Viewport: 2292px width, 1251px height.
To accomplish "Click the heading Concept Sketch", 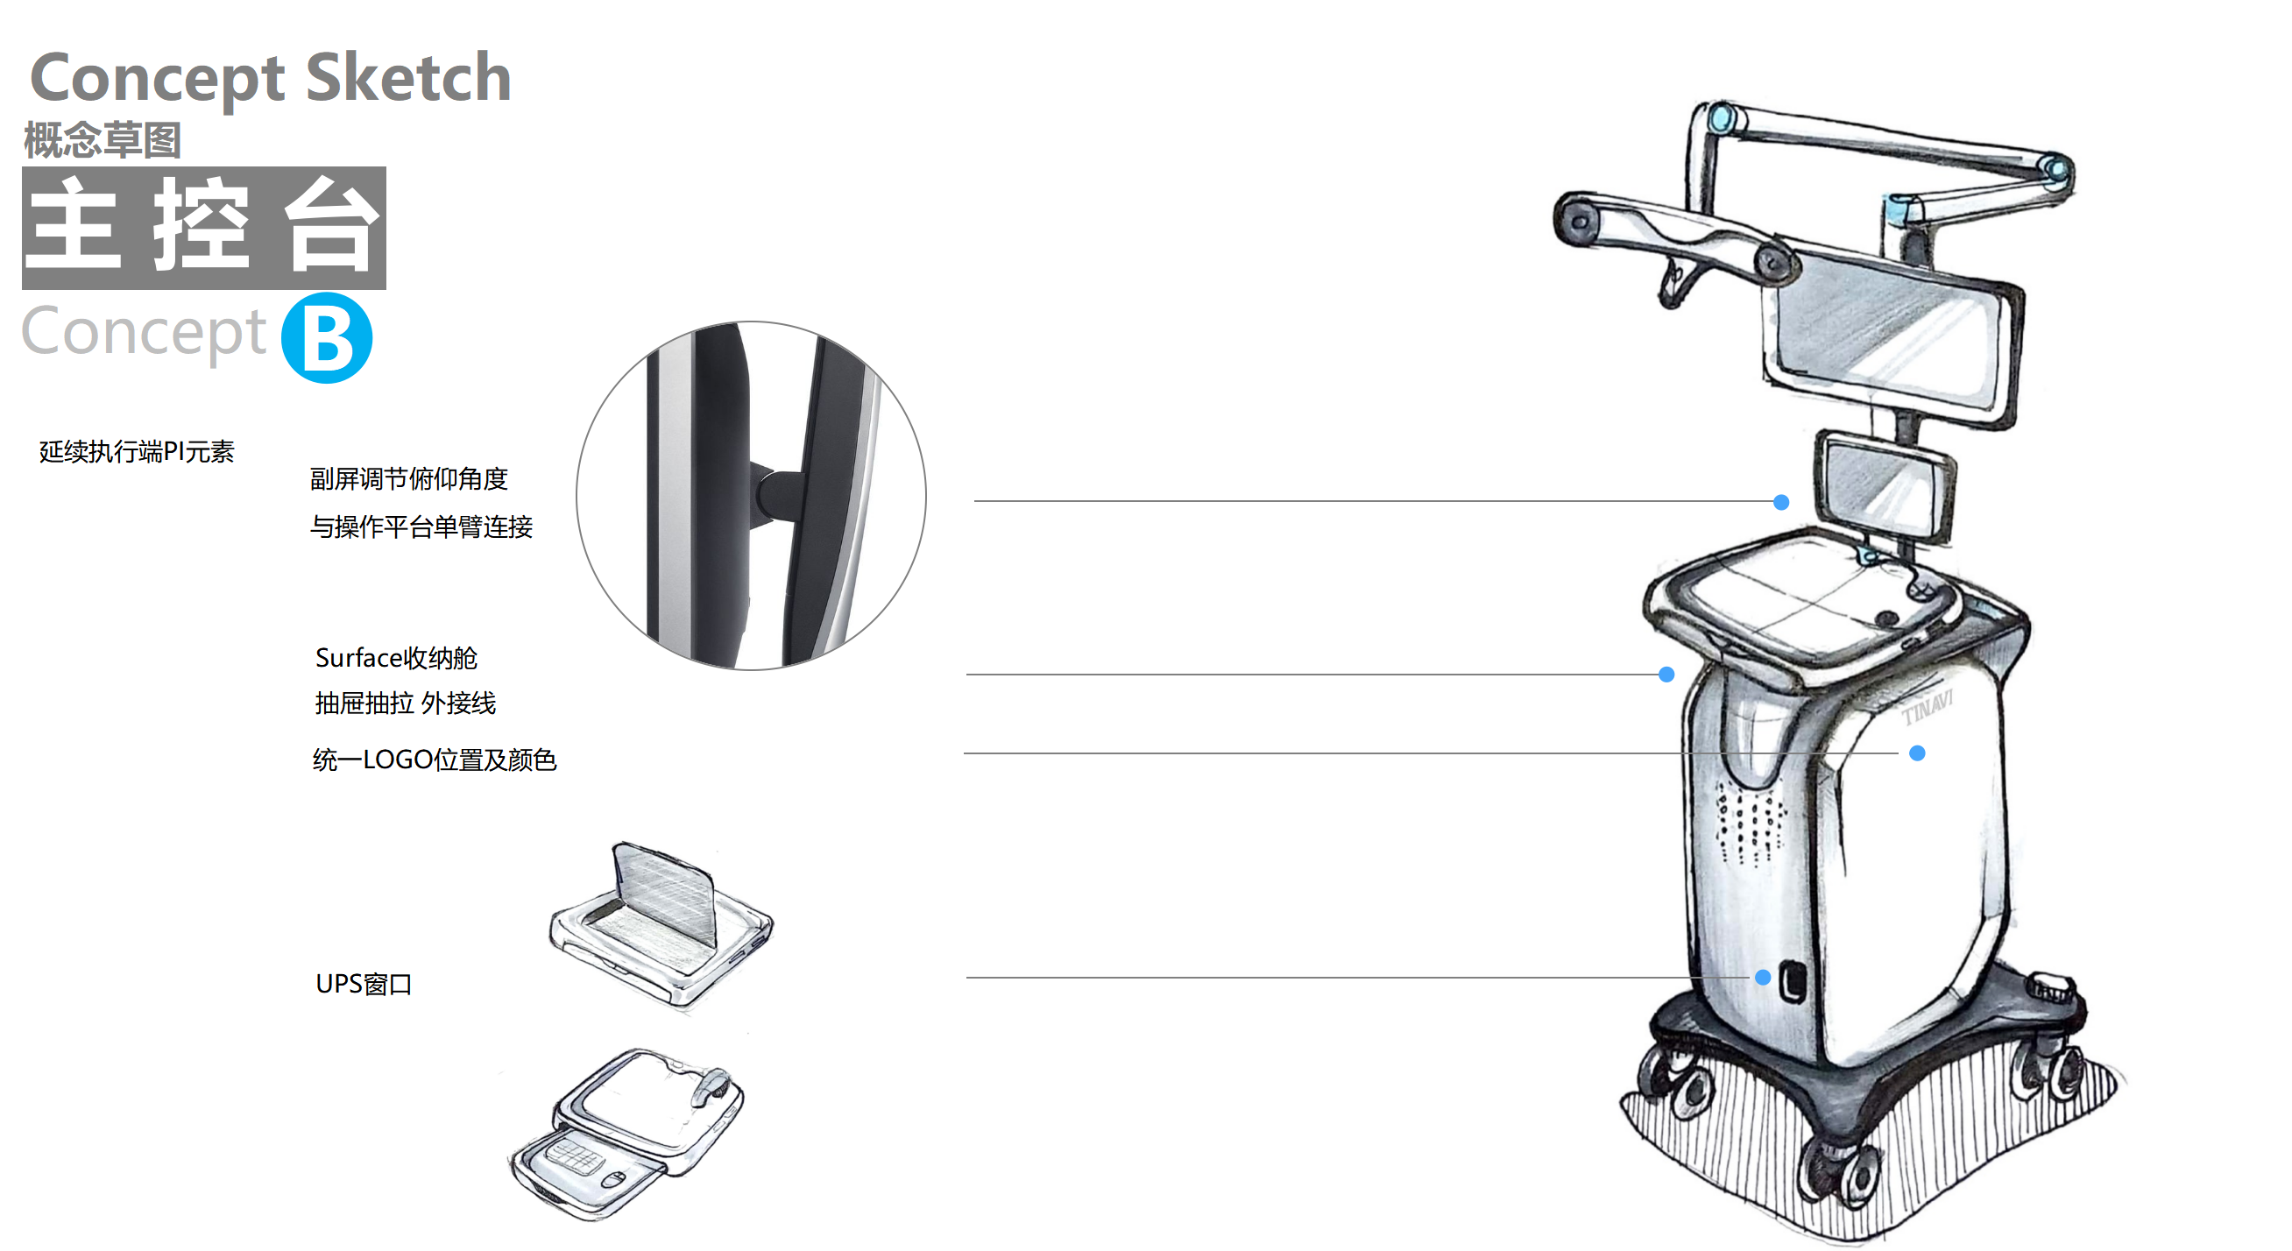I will [271, 78].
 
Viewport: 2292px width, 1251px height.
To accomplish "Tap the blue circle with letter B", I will [327, 337].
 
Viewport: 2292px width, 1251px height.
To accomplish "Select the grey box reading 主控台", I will [204, 227].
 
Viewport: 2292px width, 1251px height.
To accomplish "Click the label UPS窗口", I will [363, 983].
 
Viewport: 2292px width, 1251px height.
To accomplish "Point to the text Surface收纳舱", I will [396, 658].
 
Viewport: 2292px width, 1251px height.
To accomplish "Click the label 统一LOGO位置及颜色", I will [435, 759].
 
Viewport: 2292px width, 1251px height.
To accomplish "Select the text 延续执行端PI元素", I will [136, 451].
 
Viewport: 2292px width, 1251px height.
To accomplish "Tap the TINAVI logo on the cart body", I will [1928, 706].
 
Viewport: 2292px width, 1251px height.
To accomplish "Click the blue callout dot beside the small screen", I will [1781, 502].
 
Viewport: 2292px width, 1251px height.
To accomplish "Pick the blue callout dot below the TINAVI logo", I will [1917, 753].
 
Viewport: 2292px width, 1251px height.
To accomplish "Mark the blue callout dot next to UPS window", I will [1763, 977].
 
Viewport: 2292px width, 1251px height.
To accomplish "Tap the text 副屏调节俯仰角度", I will [408, 478].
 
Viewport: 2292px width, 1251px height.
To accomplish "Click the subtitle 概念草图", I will [103, 139].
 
